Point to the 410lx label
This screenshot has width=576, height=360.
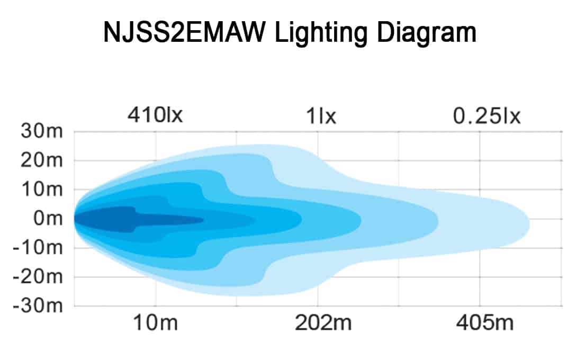[155, 115]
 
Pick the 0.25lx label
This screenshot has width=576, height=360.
[487, 115]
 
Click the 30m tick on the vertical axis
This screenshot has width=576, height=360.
[42, 131]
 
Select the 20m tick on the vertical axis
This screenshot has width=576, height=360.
[42, 160]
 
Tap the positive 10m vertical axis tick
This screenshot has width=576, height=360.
[42, 190]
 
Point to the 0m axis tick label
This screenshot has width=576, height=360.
[48, 219]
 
